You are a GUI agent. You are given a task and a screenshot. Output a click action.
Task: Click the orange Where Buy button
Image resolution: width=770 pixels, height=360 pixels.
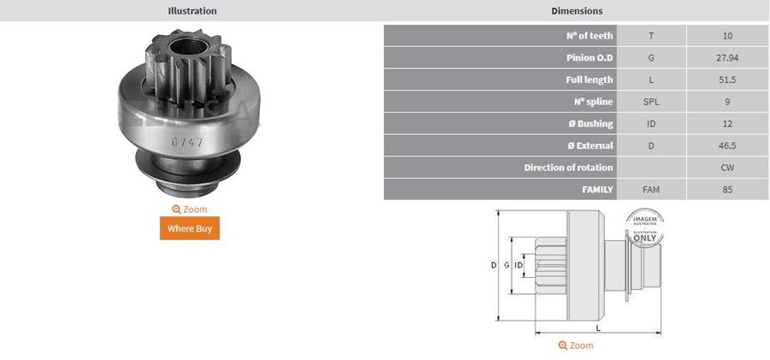tap(190, 228)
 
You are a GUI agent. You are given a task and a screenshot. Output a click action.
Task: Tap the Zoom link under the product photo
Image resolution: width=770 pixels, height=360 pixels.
tap(190, 210)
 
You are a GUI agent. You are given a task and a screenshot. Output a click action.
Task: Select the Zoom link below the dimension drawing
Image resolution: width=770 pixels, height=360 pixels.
tap(576, 345)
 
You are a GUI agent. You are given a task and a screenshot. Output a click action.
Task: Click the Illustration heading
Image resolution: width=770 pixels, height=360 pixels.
tap(192, 10)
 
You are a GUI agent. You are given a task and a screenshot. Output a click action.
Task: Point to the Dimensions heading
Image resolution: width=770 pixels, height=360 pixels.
tap(577, 10)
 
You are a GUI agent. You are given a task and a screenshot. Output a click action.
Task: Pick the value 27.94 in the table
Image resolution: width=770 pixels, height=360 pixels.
tap(727, 57)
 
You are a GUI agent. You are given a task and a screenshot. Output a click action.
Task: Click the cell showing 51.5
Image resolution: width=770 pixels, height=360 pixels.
tap(727, 80)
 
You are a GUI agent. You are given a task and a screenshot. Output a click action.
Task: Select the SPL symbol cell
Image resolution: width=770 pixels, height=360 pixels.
tap(651, 102)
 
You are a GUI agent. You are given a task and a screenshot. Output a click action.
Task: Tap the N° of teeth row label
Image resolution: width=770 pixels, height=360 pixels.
tap(589, 36)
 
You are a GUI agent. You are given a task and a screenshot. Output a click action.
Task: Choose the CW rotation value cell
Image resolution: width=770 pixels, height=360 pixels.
tap(727, 168)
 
